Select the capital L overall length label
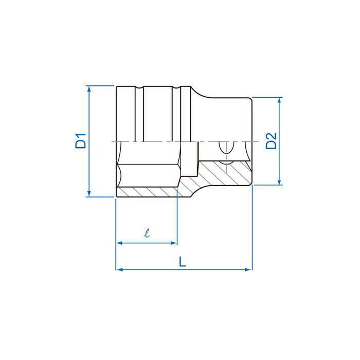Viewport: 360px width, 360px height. [x=183, y=262]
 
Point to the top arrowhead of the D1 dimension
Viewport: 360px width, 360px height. [x=89, y=89]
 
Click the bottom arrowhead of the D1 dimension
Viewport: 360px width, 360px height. [x=89, y=193]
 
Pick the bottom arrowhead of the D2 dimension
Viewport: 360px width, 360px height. [x=280, y=181]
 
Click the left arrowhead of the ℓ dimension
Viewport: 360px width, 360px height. [x=119, y=242]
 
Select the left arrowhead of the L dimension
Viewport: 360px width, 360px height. [x=119, y=269]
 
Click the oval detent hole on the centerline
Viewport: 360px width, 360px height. [x=224, y=148]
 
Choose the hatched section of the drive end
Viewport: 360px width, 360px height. [x=226, y=172]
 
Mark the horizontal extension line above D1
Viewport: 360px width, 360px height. [x=100, y=85]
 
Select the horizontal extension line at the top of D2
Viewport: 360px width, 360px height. [x=267, y=97]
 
